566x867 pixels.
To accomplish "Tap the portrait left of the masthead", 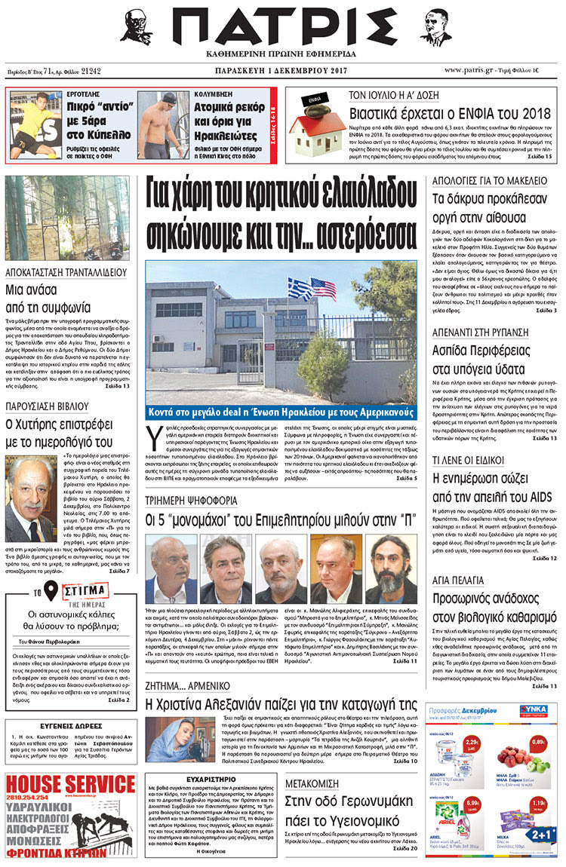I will pyautogui.click(x=136, y=28).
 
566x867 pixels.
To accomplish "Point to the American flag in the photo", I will pyautogui.click(x=323, y=289).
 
